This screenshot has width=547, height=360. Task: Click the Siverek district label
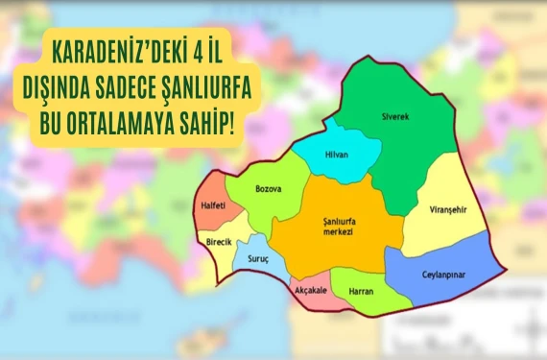click(x=394, y=116)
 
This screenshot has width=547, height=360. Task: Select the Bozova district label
click(x=269, y=188)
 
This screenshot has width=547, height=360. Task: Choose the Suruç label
click(x=259, y=259)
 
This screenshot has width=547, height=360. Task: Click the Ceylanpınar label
click(x=443, y=274)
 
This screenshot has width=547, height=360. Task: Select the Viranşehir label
click(x=441, y=208)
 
